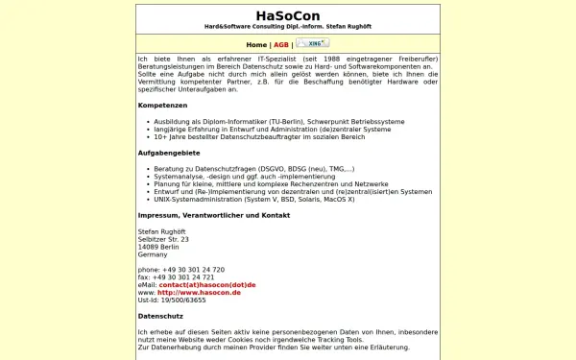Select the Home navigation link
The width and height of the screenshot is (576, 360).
pos(256,44)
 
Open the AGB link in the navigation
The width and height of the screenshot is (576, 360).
pos(281,44)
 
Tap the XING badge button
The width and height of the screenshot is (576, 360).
pos(313,43)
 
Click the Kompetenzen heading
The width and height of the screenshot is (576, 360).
pos(162,104)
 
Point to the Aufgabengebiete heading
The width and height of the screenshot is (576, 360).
pos(170,153)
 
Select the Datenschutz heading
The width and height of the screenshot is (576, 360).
pos(160,315)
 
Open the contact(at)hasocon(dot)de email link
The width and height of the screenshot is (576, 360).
pos(207,285)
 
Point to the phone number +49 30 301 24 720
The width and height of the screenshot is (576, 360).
pos(181,270)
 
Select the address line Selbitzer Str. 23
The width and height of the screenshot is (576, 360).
pos(163,239)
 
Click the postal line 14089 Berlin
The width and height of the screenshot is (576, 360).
pos(158,247)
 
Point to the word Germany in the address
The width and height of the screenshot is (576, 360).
pos(153,254)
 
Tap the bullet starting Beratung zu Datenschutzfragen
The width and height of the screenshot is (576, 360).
pos(247,168)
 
